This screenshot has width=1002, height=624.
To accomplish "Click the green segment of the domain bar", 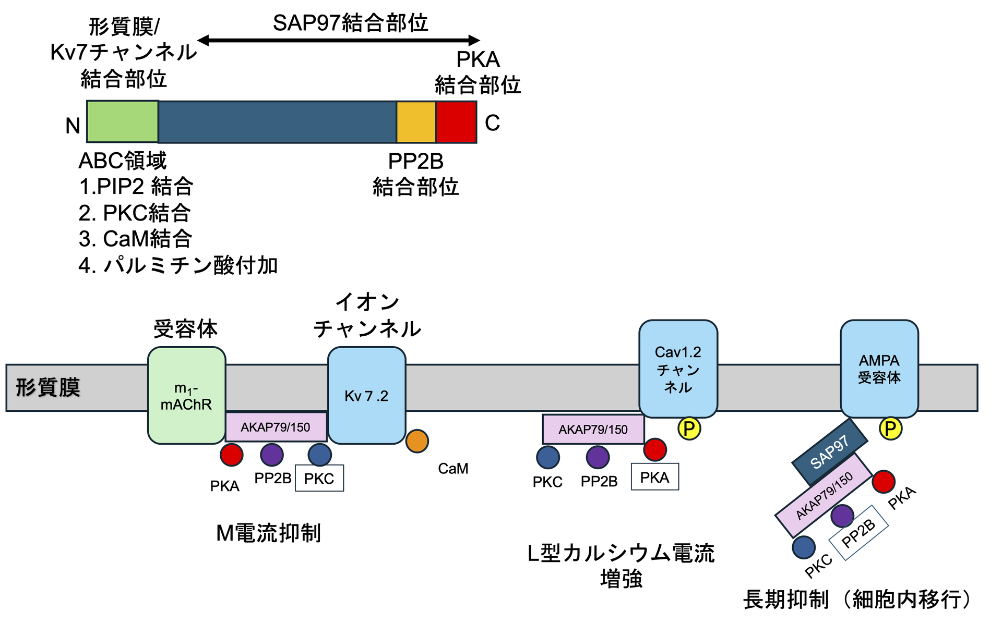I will [123, 121].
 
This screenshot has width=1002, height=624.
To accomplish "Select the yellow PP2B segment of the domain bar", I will [416, 122].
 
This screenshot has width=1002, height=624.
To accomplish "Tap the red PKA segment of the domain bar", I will [456, 122].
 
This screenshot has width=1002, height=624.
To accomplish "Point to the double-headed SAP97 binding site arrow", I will [338, 40].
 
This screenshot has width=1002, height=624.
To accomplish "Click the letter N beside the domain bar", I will [73, 126].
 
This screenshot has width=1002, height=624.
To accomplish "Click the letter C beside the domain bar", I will [492, 123].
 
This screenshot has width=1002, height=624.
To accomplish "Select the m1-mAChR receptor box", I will [186, 395].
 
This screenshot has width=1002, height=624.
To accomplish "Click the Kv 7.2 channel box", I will [366, 395].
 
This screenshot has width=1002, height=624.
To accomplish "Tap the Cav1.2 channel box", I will [678, 369].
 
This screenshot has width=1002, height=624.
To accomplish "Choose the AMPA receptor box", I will [879, 369].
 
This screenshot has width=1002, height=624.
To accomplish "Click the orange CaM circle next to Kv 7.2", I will [417, 441].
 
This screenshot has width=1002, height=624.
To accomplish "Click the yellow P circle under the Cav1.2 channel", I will [689, 429].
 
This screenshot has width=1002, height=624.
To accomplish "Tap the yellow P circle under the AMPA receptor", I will [890, 429].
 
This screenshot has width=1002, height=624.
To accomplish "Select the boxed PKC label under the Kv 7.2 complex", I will [319, 478].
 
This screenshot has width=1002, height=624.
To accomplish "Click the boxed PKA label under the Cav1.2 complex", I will [655, 476].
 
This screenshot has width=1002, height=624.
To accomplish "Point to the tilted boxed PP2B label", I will [858, 533].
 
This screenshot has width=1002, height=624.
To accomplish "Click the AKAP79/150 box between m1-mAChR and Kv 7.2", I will [276, 427].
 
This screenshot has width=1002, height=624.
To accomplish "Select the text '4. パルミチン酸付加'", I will [178, 265].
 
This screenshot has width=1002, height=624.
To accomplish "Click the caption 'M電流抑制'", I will [269, 533].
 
